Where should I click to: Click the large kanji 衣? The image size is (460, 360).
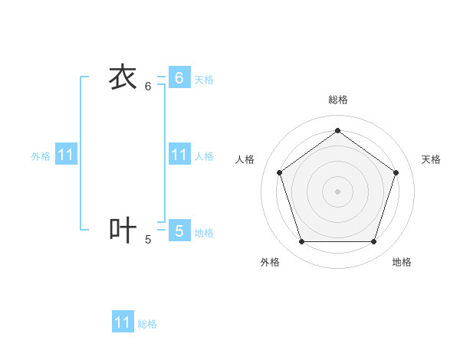pos(123,77)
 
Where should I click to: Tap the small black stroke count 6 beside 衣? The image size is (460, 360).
pos(148,87)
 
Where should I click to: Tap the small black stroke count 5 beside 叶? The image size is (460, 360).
pos(148,240)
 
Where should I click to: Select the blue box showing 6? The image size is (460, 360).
pos(179,77)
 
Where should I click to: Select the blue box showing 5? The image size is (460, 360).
pos(179,230)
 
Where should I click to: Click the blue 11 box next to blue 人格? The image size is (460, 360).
pos(179,155)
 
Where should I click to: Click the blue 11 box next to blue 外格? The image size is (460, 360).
pos(66,155)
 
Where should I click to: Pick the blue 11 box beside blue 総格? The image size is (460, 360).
pos(123,322)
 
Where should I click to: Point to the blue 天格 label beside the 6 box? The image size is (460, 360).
pos(204,80)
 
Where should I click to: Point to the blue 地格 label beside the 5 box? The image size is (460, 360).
pos(204,233)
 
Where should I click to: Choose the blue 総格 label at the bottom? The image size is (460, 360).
pos(147,325)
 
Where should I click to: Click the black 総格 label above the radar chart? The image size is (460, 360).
pos(337,100)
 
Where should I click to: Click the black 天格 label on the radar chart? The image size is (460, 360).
pos(431,159)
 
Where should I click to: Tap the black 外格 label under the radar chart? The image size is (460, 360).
pos(270,262)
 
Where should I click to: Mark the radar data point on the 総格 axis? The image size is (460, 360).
pos(337,130)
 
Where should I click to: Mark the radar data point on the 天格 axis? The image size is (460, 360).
pos(396,172)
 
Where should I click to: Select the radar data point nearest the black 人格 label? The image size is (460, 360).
pos(279,172)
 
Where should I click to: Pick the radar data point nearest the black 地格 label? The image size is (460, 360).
pos(373,241)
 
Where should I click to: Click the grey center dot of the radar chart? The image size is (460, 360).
pos(337,191)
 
